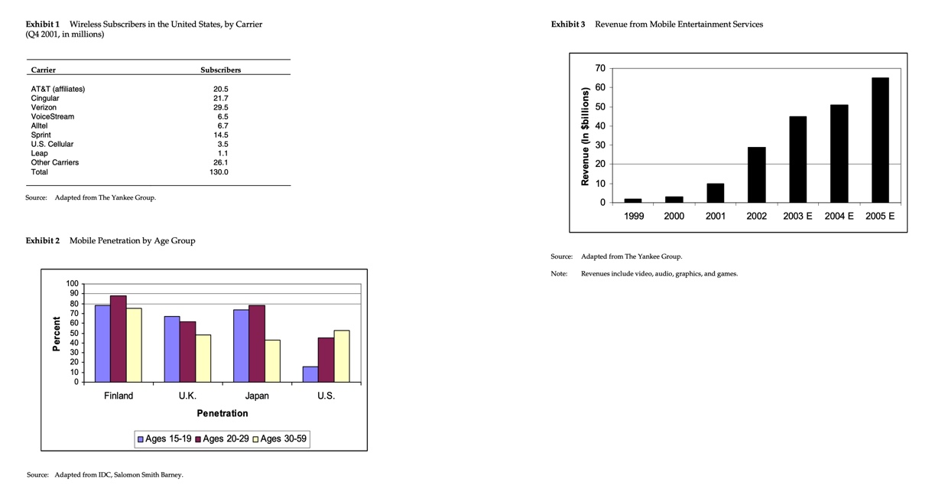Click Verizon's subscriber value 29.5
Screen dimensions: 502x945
[x=220, y=107]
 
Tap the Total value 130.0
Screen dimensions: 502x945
[x=219, y=172]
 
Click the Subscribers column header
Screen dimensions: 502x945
[x=220, y=70]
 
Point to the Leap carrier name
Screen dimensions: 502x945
[x=39, y=153]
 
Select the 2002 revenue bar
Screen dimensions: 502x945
[x=756, y=174]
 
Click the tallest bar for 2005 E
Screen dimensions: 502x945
[x=880, y=140]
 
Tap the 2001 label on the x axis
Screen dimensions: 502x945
[x=715, y=217]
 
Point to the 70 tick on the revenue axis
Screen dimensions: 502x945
[x=599, y=69]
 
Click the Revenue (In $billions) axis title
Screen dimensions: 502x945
[x=585, y=136]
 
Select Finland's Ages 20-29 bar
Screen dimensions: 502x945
[x=118, y=338]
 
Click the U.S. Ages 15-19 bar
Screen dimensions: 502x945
[x=310, y=374]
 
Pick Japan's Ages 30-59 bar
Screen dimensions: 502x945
[x=272, y=360]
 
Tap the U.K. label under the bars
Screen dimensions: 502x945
[x=187, y=396]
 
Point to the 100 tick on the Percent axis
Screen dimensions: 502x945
[x=73, y=284]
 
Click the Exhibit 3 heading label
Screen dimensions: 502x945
[x=567, y=24]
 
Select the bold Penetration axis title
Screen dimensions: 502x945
[x=222, y=413]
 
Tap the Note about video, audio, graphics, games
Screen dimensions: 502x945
[x=659, y=273]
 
